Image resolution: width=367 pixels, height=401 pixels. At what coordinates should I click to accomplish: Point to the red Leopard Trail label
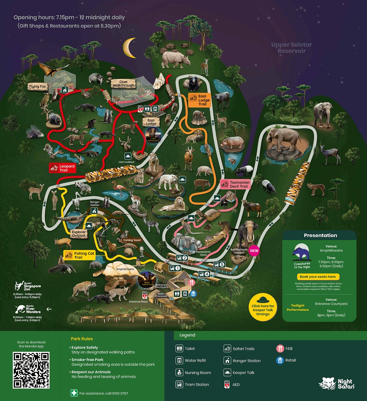pyautogui.click(x=62, y=168)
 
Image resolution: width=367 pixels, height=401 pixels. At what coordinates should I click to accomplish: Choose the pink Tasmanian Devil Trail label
pyautogui.click(x=235, y=184)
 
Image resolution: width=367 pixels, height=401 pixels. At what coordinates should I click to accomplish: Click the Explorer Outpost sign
pyautogui.click(x=79, y=233)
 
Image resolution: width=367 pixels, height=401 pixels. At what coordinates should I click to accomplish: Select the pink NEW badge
pyautogui.click(x=254, y=251)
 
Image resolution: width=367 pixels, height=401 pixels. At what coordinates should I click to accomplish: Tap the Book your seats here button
pyautogui.click(x=317, y=277)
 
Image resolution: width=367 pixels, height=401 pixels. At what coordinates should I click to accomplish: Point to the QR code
pyautogui.click(x=31, y=370)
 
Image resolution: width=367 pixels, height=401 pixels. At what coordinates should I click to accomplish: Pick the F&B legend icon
pyautogui.click(x=280, y=349)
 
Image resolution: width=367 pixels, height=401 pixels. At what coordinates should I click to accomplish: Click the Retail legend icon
pyautogui.click(x=280, y=360)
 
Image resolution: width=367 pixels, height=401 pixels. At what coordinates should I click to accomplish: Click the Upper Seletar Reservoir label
pyautogui.click(x=291, y=48)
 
